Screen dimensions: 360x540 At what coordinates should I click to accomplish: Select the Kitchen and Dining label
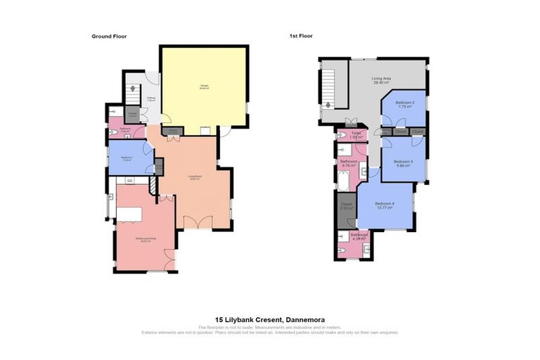pyautogui.click(x=146, y=239)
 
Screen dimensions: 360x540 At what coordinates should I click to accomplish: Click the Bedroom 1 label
pyautogui.click(x=127, y=157)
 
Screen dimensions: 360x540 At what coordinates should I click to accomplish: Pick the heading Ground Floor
pyautogui.click(x=109, y=36)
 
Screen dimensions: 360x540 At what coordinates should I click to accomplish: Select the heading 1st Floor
pyautogui.click(x=300, y=35)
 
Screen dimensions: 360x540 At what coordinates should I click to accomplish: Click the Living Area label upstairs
pyautogui.click(x=382, y=80)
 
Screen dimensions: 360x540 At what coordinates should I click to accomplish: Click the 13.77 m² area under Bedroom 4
pyautogui.click(x=384, y=209)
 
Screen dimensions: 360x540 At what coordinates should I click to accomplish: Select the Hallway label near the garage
pyautogui.click(x=151, y=98)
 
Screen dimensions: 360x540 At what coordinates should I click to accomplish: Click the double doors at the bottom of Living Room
pyautogui.click(x=198, y=224)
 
